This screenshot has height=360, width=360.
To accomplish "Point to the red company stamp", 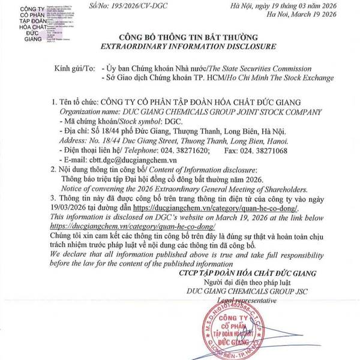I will [235, 331].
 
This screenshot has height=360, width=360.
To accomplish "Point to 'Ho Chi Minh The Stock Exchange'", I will [264, 79].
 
